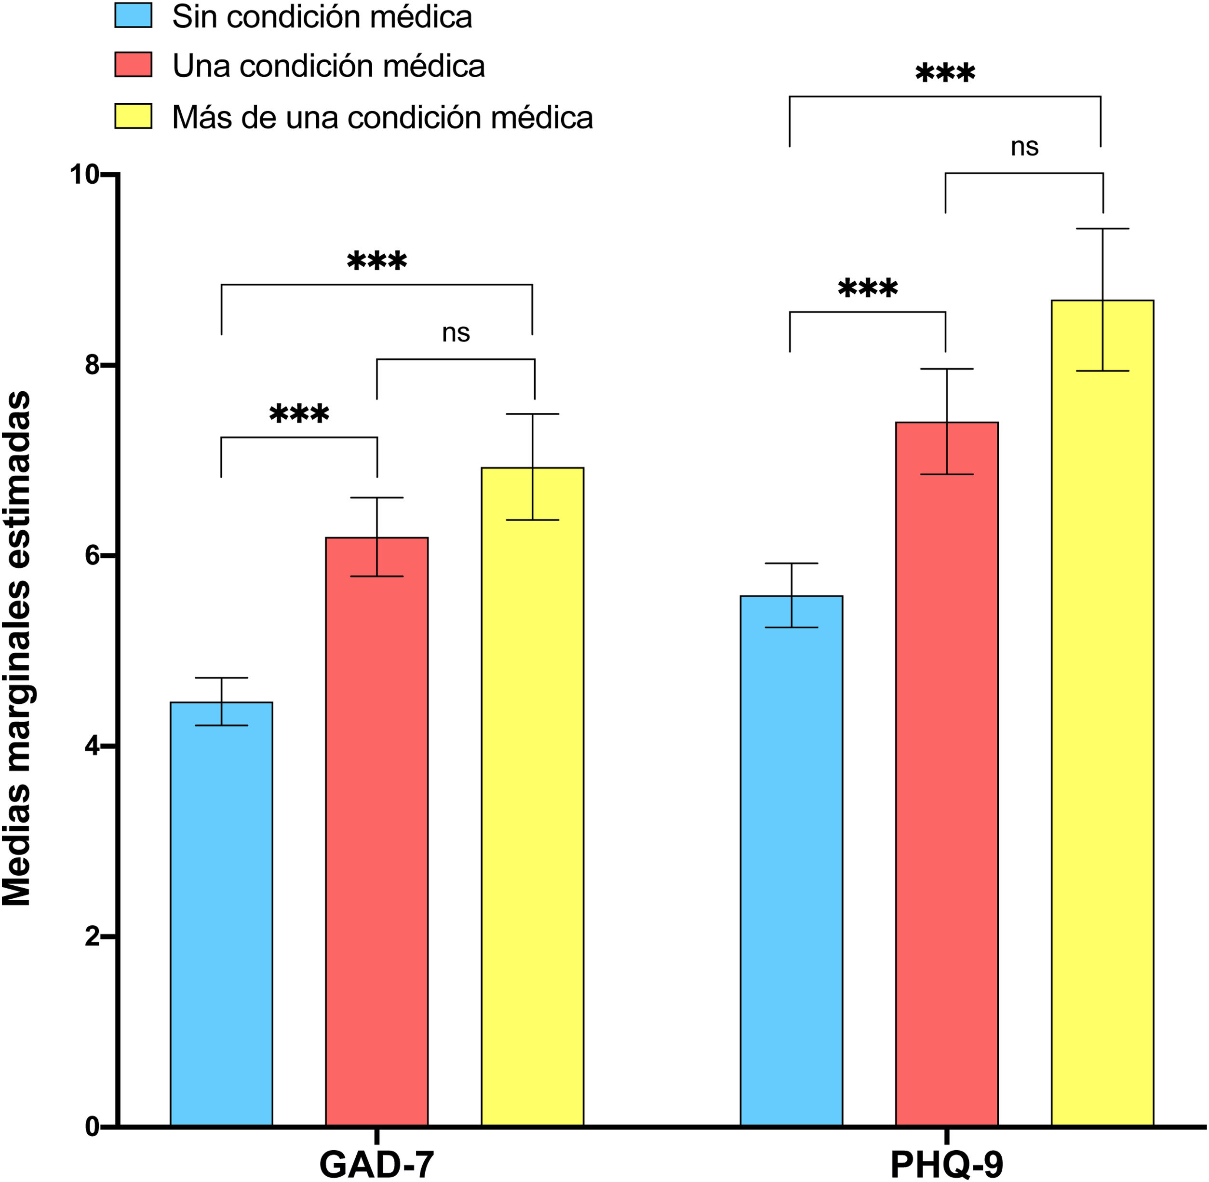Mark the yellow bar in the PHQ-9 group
click(x=1102, y=714)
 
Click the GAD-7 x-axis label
click(x=376, y=1164)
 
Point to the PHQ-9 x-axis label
click(x=947, y=1164)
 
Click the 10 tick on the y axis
click(x=85, y=175)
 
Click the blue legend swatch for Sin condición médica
click(x=134, y=15)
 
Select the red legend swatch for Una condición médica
click(x=134, y=65)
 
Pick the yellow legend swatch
click(x=134, y=116)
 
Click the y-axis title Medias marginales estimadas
click(x=17, y=649)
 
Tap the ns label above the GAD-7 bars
click(x=456, y=333)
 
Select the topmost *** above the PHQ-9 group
click(x=945, y=74)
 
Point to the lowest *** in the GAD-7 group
click(x=299, y=414)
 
